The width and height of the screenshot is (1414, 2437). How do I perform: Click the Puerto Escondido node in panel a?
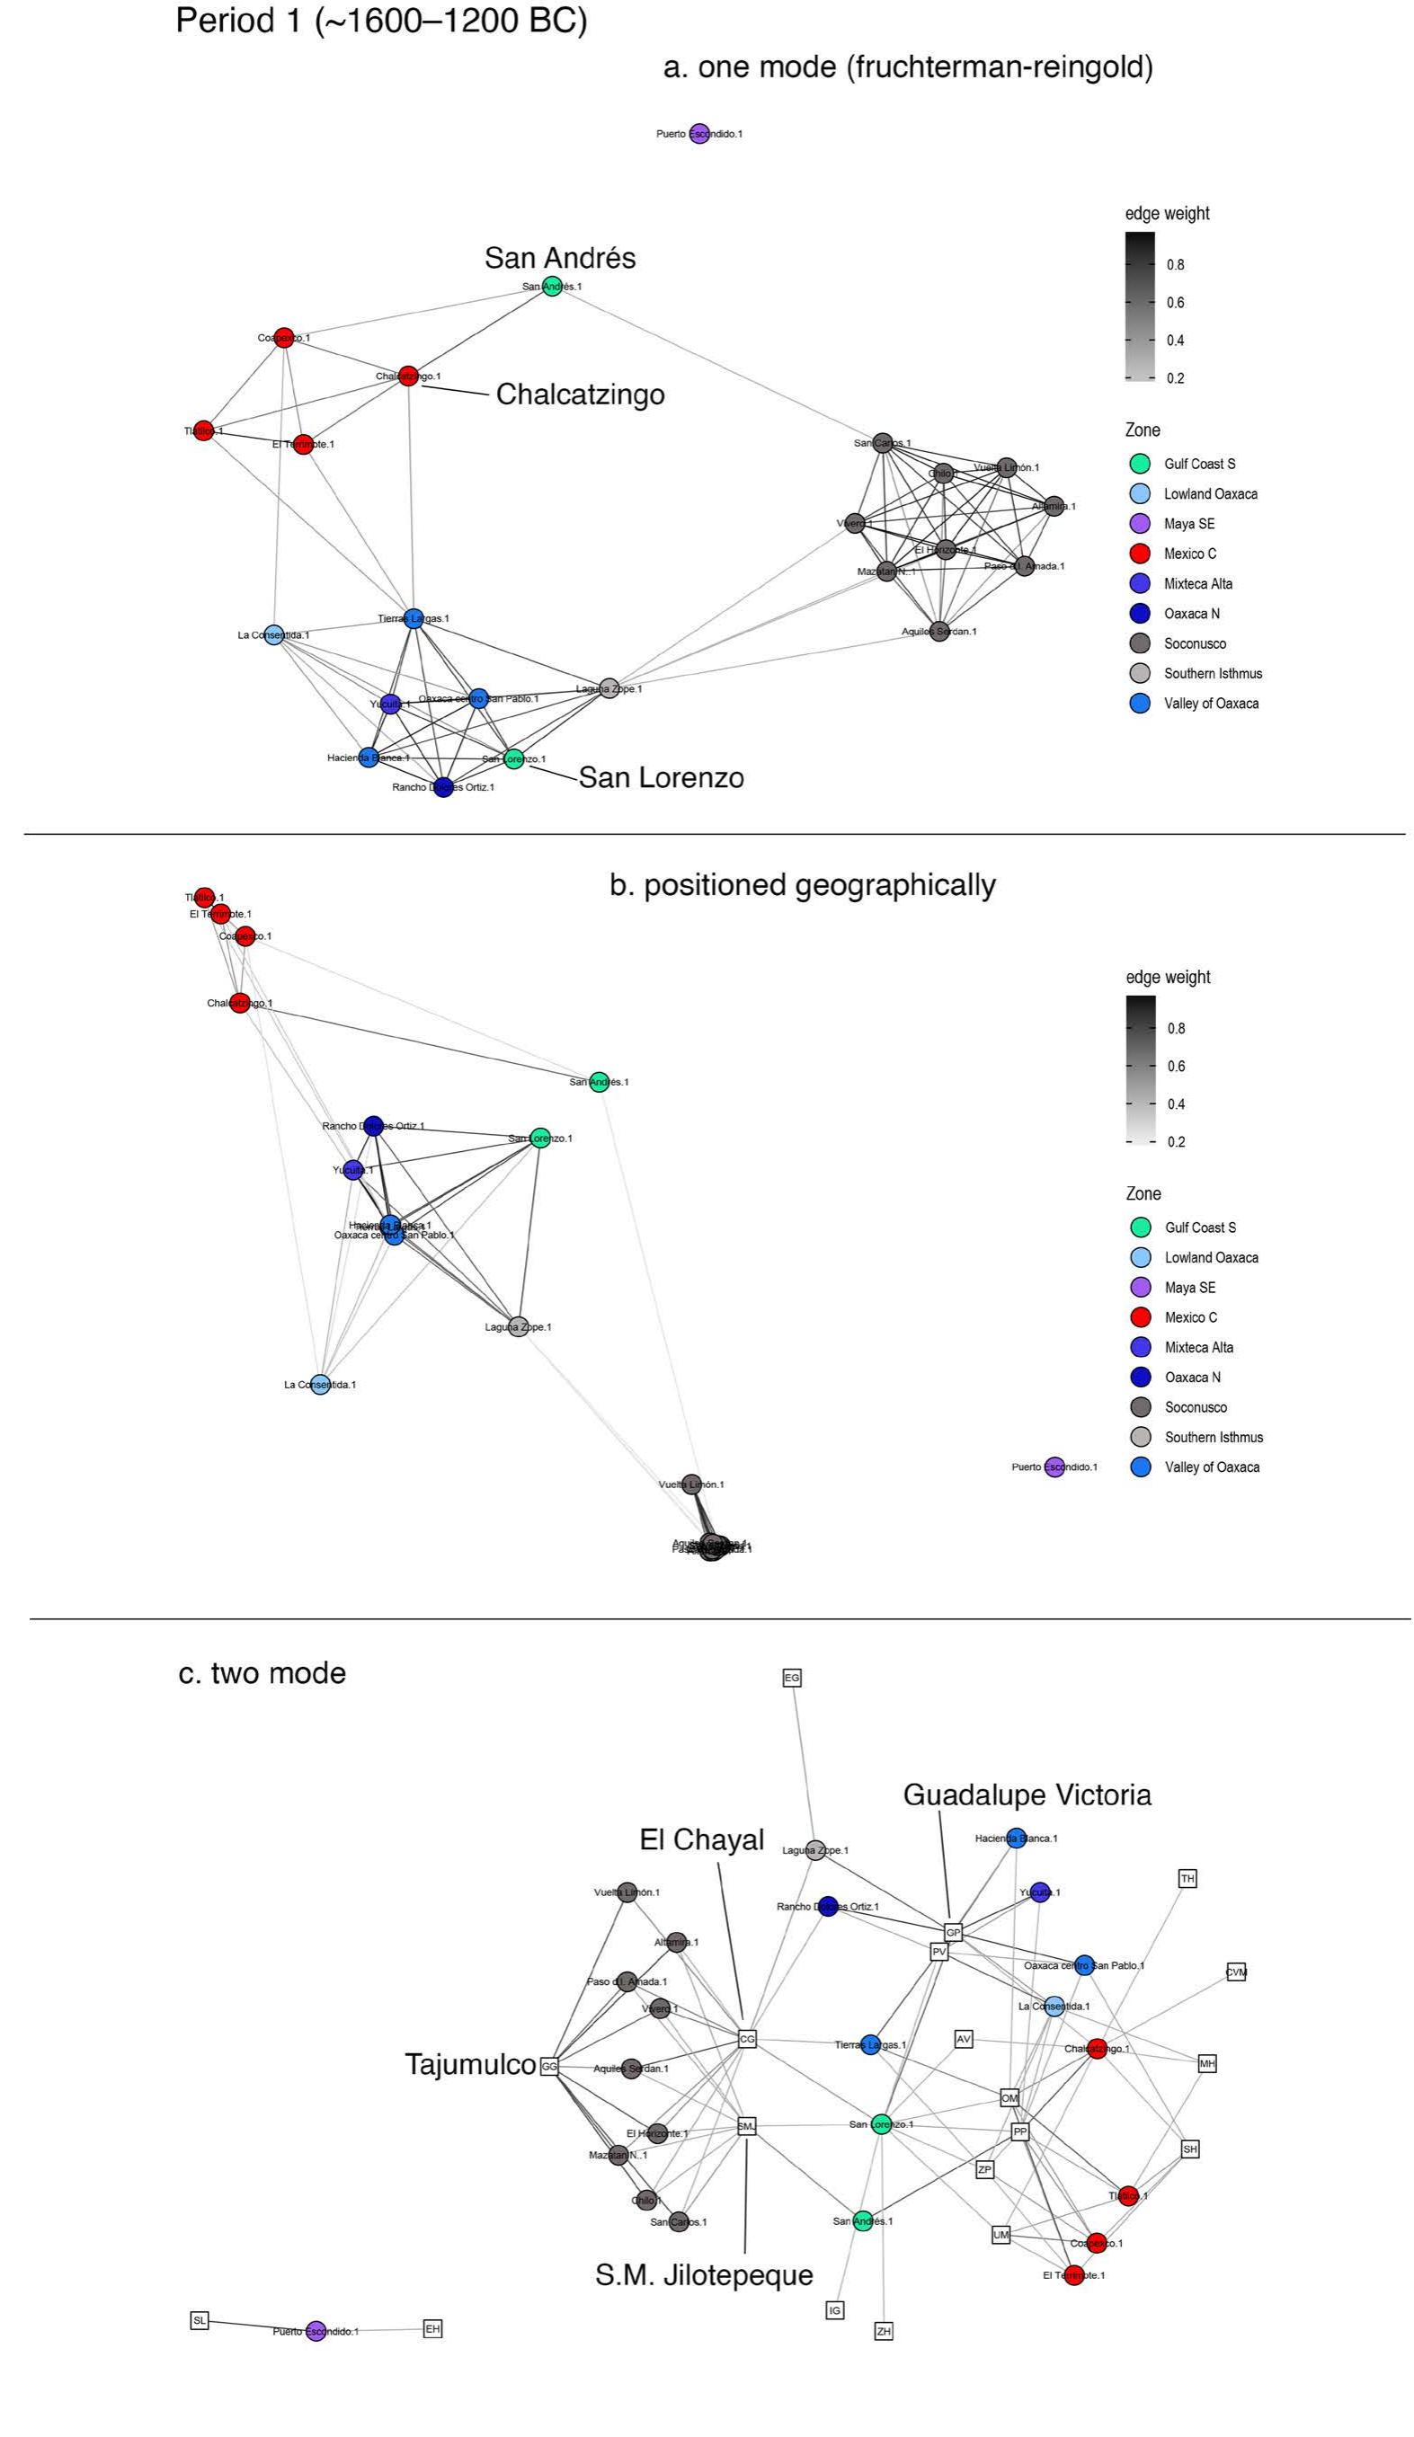(x=698, y=134)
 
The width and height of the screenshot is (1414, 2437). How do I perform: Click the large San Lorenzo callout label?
(x=661, y=777)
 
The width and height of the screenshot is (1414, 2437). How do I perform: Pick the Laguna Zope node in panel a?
(x=609, y=688)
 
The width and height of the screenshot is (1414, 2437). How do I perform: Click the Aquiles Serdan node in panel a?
(x=939, y=632)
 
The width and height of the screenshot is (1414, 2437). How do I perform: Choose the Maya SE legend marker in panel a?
(x=1141, y=524)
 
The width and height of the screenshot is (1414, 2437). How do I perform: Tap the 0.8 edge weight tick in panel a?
(x=1174, y=265)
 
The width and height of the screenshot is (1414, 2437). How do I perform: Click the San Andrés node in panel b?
(x=599, y=1082)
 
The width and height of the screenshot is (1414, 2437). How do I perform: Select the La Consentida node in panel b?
(x=320, y=1385)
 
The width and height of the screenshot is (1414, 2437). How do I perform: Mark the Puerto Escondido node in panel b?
(x=1054, y=1467)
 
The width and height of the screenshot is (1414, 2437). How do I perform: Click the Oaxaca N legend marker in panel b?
(x=1142, y=1377)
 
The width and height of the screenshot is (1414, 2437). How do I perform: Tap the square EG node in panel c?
(x=792, y=1678)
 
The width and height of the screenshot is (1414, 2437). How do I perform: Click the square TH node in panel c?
(x=1187, y=1878)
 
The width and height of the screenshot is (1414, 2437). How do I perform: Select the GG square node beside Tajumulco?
(x=549, y=2067)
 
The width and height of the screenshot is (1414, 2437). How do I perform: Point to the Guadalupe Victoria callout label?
(x=1027, y=1795)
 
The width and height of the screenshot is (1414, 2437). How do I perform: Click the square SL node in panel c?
(x=200, y=2320)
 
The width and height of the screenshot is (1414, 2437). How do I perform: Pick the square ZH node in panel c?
(x=883, y=2332)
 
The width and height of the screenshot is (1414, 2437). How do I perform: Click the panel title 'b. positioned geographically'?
(x=802, y=886)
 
